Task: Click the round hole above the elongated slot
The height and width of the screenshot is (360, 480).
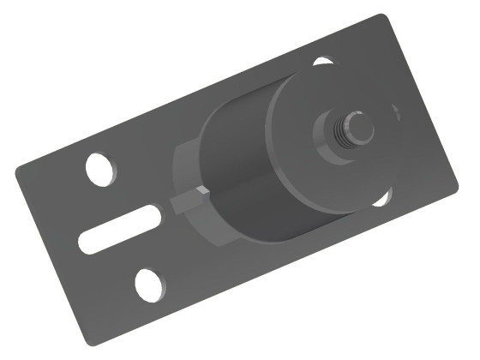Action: tap(101, 167)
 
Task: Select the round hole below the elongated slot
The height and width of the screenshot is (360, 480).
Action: tap(151, 284)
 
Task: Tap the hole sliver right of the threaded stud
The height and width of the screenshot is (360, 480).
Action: tap(396, 112)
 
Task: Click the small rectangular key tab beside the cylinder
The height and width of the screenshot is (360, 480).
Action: tap(186, 203)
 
